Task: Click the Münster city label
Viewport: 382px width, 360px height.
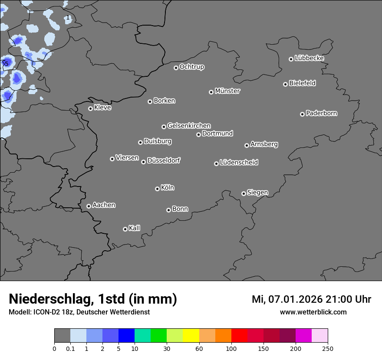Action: coord(227,91)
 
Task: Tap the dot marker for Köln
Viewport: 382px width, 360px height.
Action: coord(157,189)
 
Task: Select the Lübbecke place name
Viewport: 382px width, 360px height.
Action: coord(309,58)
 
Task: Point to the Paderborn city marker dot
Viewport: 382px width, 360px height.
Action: coord(302,114)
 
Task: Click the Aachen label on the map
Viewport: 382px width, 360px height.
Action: coord(104,205)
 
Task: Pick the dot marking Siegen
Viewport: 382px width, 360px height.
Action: coord(244,193)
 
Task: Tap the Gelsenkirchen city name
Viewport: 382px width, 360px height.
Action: coord(189,126)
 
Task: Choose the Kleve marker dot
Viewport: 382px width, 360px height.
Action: coord(90,108)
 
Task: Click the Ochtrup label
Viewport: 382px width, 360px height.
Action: coord(192,67)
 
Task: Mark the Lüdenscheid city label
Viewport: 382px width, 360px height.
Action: coord(239,163)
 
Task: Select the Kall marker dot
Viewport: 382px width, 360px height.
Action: coord(125,229)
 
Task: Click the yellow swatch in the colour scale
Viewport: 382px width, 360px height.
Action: coord(191,336)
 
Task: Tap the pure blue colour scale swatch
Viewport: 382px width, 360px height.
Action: coord(126,336)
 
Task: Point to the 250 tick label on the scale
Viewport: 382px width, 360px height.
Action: coord(328,348)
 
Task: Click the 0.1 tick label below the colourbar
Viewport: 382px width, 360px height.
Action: coord(70,348)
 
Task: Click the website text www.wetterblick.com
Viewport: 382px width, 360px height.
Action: coord(313,312)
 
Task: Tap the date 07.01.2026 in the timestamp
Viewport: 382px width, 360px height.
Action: coord(295,299)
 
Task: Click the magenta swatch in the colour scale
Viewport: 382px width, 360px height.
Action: coord(303,336)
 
